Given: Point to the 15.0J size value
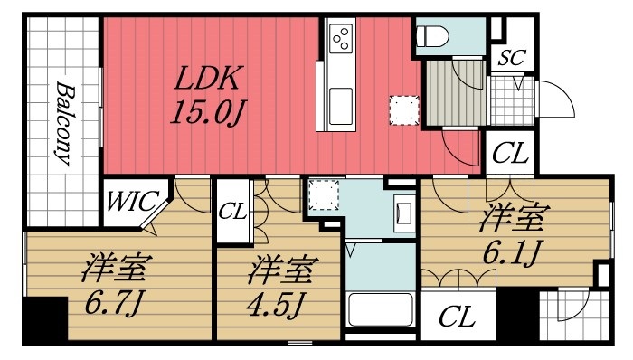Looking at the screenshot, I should coord(209,115).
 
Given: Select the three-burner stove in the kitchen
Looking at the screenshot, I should coord(342,38).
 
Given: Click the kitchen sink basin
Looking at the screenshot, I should coord(342,107).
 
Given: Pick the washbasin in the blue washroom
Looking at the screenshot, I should coord(402,213).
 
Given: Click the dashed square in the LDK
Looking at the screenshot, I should coord(403,109).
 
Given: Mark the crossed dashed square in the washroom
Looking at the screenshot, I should coord(323,194).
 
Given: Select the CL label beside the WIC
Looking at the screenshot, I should coord(232,212).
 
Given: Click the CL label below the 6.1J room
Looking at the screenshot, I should coord(458,317).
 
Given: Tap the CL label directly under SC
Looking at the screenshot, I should coord(510,152).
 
